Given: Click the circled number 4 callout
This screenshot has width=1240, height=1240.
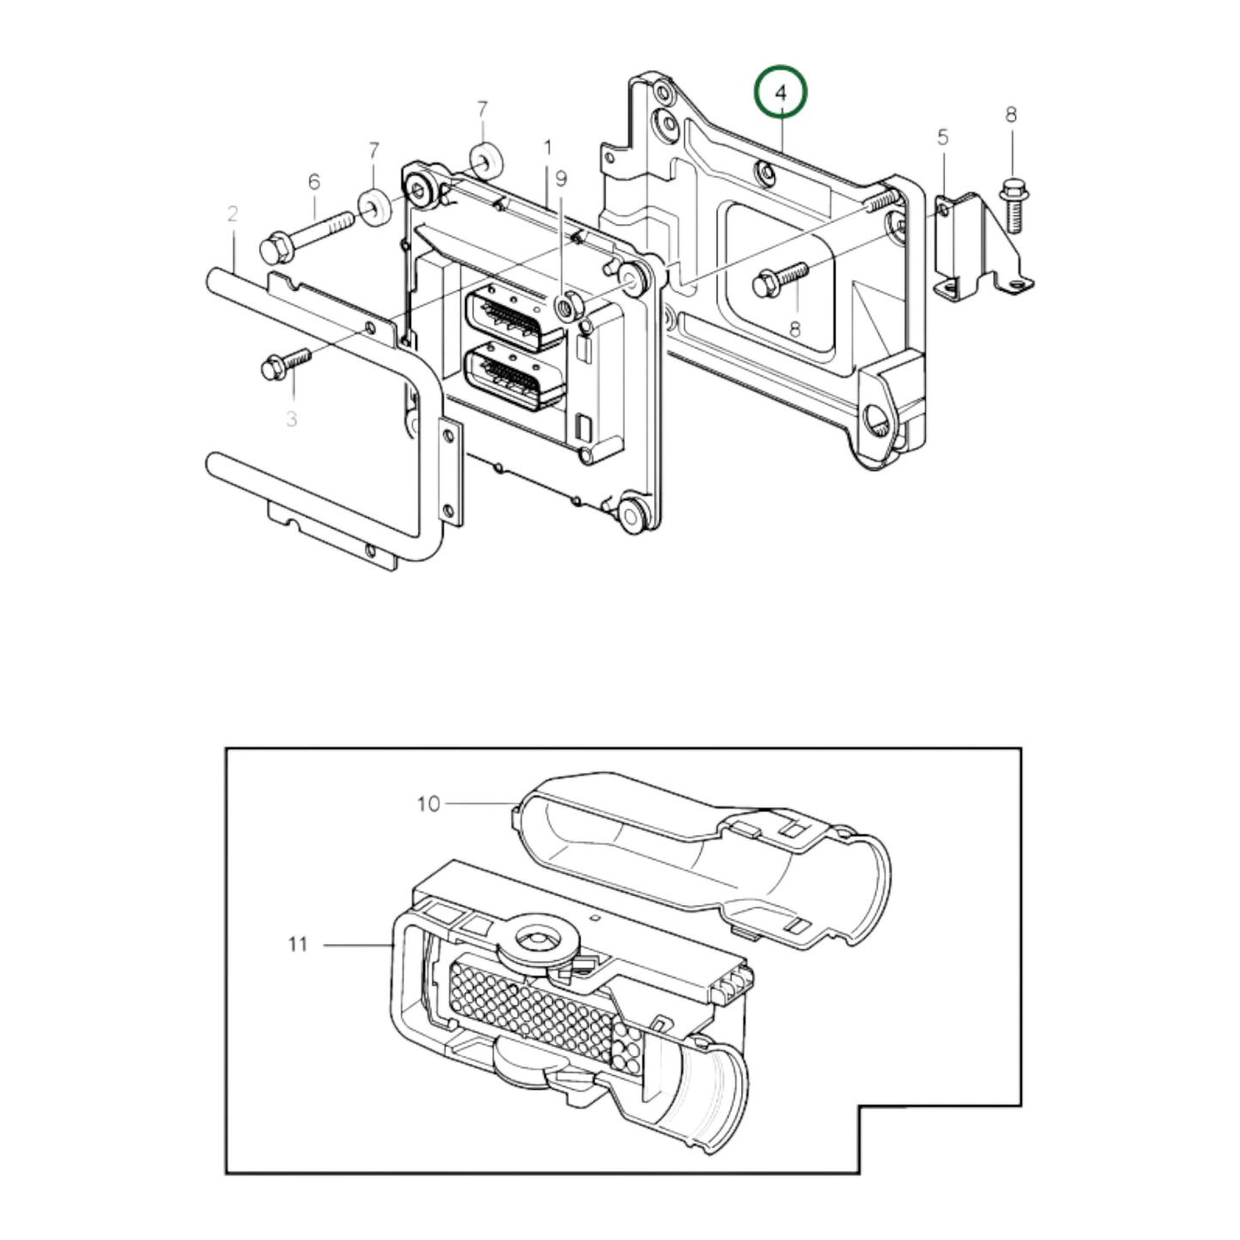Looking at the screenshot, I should [x=780, y=93].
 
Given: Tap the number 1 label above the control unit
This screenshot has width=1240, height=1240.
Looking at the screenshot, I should [x=547, y=148].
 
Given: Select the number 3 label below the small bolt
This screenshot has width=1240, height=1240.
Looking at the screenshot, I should [x=292, y=420].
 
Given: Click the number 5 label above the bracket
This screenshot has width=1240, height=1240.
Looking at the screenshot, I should [x=942, y=136].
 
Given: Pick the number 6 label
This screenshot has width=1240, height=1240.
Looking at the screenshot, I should [x=314, y=181].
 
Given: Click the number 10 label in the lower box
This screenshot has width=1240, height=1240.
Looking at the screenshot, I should [x=428, y=804].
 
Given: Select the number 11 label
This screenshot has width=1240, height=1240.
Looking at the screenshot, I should [x=297, y=945].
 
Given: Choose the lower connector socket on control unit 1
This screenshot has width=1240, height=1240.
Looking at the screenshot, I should [x=513, y=378].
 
